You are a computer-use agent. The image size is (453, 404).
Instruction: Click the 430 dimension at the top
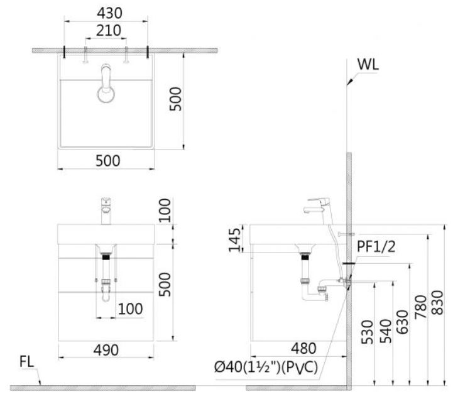(106, 13)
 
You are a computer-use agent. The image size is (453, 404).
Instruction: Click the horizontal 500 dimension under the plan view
(107, 161)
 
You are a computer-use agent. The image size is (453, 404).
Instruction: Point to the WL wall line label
(368, 65)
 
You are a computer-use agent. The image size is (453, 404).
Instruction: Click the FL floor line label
(27, 362)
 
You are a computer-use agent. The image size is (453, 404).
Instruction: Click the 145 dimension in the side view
(234, 240)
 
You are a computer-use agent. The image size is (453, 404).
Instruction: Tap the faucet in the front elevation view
(106, 210)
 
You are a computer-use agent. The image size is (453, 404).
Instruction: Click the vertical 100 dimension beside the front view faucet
(165, 209)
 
